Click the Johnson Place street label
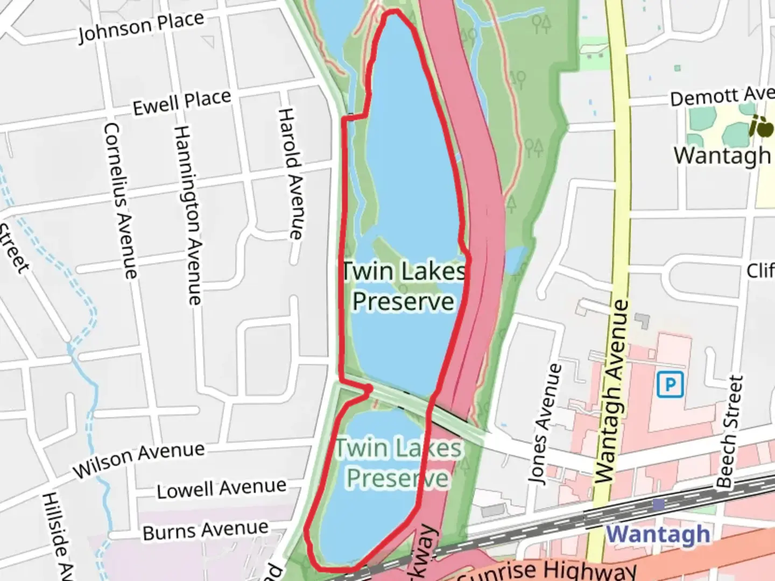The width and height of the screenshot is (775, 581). click(141, 27)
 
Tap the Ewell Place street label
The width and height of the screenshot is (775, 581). click(182, 102)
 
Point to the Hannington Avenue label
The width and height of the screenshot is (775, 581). click(188, 215)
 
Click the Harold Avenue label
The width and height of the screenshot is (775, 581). click(291, 173)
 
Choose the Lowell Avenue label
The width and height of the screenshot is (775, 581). click(221, 488)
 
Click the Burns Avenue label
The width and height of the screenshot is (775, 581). click(205, 530)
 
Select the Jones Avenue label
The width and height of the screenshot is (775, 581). click(545, 424)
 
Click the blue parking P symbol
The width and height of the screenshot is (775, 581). click(670, 385)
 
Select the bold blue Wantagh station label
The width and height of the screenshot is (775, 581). click(658, 534)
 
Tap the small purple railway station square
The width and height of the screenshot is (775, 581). click(658, 505)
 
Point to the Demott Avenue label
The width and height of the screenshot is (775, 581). click(721, 97)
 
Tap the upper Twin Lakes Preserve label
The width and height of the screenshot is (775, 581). click(404, 286)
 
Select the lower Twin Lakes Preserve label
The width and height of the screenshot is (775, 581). click(398, 463)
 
